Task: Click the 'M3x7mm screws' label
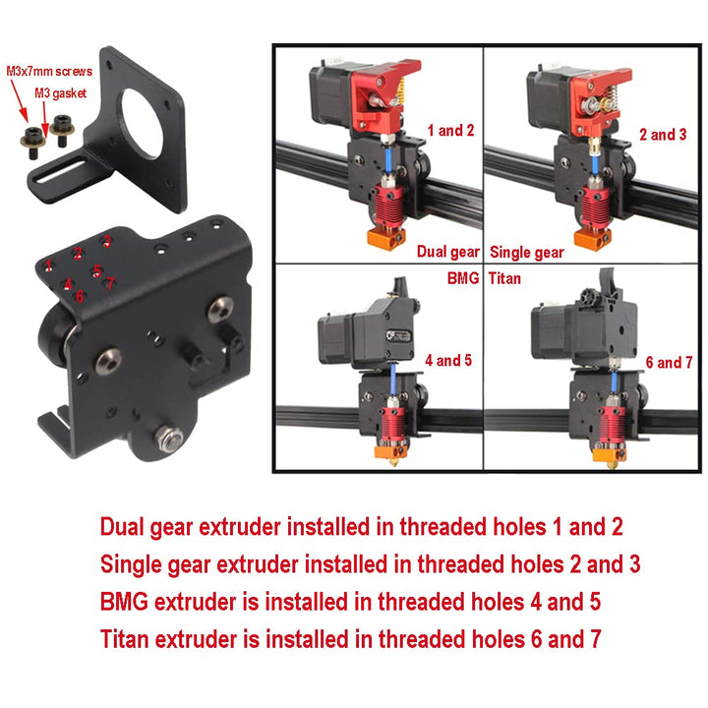tap(49, 72)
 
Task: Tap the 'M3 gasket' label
tap(61, 93)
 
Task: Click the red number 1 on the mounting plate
tap(48, 265)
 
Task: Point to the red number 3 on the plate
tap(107, 241)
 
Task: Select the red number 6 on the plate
tap(80, 296)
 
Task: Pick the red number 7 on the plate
tap(110, 283)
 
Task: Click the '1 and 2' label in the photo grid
tap(450, 131)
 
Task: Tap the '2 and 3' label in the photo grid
tap(663, 134)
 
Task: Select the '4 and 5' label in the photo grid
tap(448, 360)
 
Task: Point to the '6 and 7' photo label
tap(669, 363)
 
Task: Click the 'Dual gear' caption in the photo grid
tap(447, 252)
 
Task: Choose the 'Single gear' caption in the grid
tap(527, 253)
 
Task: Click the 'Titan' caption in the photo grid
tap(504, 278)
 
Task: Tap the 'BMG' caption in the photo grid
tap(463, 278)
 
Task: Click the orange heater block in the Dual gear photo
tap(386, 237)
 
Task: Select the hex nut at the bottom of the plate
tap(169, 439)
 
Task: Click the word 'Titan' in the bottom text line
tap(124, 639)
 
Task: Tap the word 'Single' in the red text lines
tap(131, 565)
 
